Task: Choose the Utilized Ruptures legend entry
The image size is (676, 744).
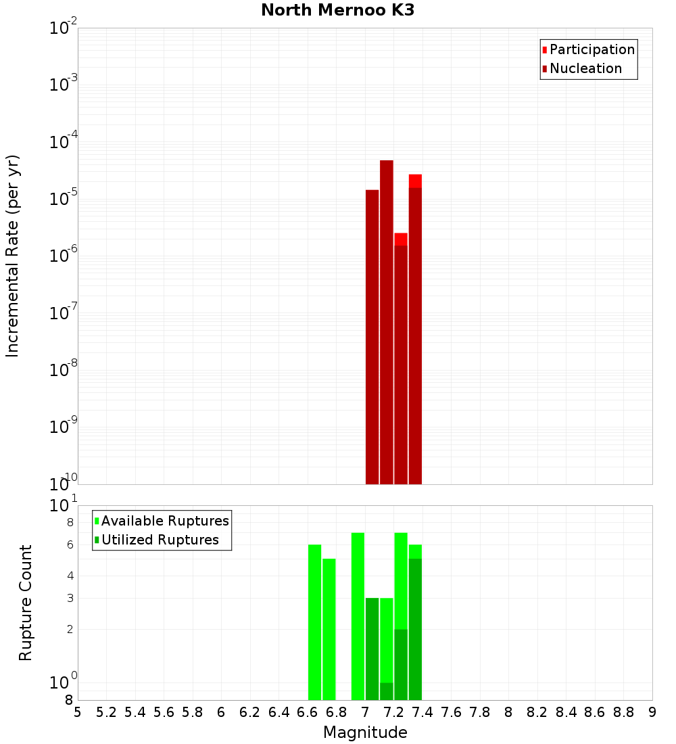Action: [160, 540]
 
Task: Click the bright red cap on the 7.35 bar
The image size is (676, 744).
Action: [415, 181]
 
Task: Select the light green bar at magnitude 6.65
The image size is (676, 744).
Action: [314, 622]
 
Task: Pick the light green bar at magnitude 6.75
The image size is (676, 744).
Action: [329, 629]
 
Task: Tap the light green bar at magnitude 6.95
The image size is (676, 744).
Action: [358, 616]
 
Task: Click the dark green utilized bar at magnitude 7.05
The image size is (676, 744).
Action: [372, 649]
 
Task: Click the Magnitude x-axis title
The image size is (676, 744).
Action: [365, 733]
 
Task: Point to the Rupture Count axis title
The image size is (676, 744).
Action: [26, 602]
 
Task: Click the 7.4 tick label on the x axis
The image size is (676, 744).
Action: [422, 712]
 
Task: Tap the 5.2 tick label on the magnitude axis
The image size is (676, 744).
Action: [106, 712]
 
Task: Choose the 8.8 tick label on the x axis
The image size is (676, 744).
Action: [623, 712]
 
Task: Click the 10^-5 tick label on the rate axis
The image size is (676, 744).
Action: [63, 199]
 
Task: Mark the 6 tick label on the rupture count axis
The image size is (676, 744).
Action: [70, 545]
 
